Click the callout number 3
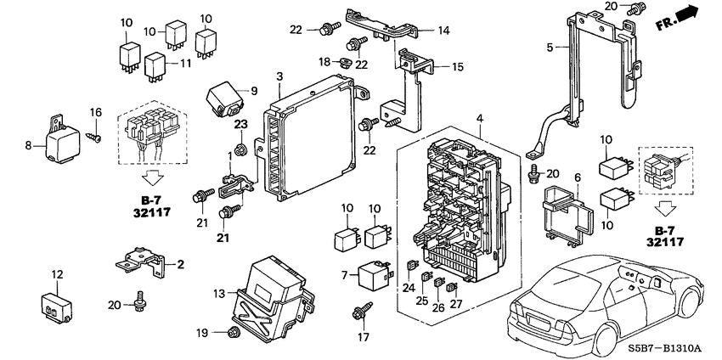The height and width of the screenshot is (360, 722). coord(279,77)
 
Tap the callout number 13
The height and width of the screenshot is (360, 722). coord(219,293)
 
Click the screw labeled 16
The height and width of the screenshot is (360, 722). coord(97,133)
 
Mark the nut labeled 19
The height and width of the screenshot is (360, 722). coord(235,331)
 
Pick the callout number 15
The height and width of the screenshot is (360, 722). coord(457,66)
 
